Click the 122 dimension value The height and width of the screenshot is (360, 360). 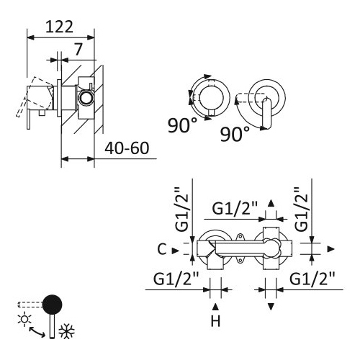[x=59, y=27]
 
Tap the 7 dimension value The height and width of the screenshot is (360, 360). [x=78, y=49]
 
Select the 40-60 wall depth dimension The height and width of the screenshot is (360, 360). [x=127, y=148]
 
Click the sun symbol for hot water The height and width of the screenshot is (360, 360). [x=24, y=319]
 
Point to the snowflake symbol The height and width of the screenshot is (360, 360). [x=67, y=331]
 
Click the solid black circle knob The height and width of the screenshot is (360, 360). [x=52, y=305]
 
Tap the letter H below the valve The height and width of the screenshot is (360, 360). [x=215, y=321]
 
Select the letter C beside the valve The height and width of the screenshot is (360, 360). [x=162, y=249]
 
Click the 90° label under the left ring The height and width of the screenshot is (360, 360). [x=182, y=125]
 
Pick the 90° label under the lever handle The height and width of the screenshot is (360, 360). [x=235, y=134]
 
